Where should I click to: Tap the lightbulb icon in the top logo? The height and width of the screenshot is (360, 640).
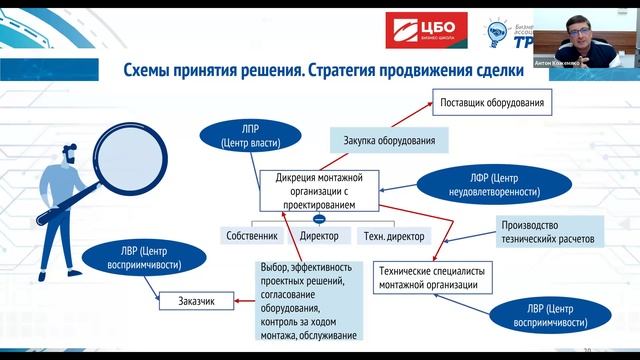coord(500,31)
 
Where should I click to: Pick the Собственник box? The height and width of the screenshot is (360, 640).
coord(253,236)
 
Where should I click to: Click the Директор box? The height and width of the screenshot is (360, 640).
coord(319,236)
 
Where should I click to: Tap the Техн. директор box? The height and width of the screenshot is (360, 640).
coord(390,236)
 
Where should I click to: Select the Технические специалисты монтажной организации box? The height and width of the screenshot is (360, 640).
coord(435,277)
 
